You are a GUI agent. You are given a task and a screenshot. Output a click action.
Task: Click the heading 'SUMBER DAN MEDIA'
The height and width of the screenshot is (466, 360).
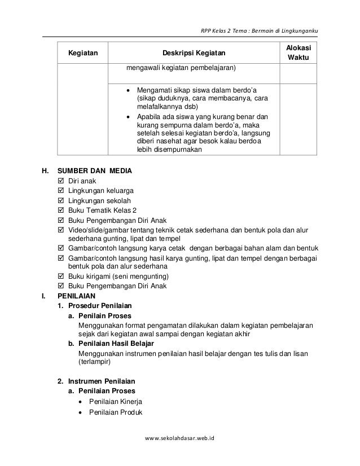[x=96, y=170]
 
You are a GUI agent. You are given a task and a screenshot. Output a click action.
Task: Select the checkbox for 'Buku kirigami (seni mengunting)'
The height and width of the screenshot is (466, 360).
[x=62, y=276]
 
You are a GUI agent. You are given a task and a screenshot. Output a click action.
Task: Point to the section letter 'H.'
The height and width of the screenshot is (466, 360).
[x=45, y=170]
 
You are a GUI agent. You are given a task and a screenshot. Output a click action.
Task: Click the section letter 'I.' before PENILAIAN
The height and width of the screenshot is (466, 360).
[x=44, y=295]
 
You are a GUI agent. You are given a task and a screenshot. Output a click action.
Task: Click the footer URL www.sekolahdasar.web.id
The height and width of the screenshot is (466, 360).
[x=183, y=452]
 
